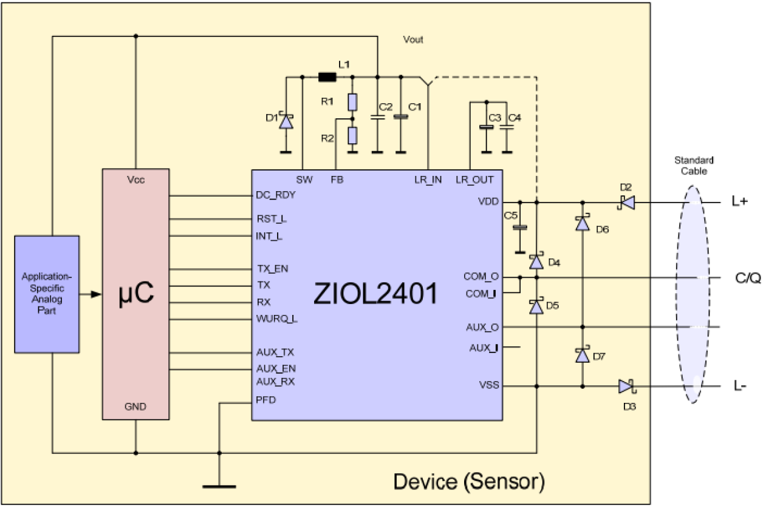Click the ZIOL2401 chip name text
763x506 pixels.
(x=375, y=294)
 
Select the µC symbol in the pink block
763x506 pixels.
(x=135, y=294)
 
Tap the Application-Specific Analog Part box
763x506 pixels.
(x=47, y=294)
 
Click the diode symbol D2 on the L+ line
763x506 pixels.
(x=626, y=202)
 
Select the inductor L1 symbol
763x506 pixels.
(x=327, y=77)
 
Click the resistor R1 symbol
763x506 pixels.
(x=352, y=102)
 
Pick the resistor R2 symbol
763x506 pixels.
(x=352, y=135)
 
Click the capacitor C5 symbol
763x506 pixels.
(x=519, y=228)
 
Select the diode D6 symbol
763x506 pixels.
(x=583, y=224)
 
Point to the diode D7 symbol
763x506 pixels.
(x=583, y=355)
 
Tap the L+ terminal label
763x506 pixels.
(x=739, y=202)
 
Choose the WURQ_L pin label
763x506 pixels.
(x=277, y=319)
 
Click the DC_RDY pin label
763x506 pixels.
(x=276, y=195)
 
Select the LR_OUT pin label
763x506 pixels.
(x=474, y=180)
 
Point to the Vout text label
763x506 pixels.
(x=413, y=40)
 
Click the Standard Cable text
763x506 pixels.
(x=694, y=166)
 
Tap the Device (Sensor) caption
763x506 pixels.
(x=469, y=481)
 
